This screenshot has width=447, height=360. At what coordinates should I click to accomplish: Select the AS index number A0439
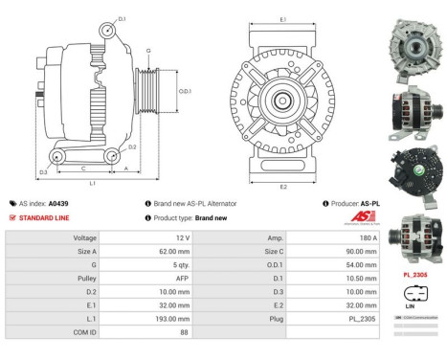click(x=59, y=204)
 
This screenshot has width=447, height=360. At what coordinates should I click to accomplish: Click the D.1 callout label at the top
click(x=121, y=18)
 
